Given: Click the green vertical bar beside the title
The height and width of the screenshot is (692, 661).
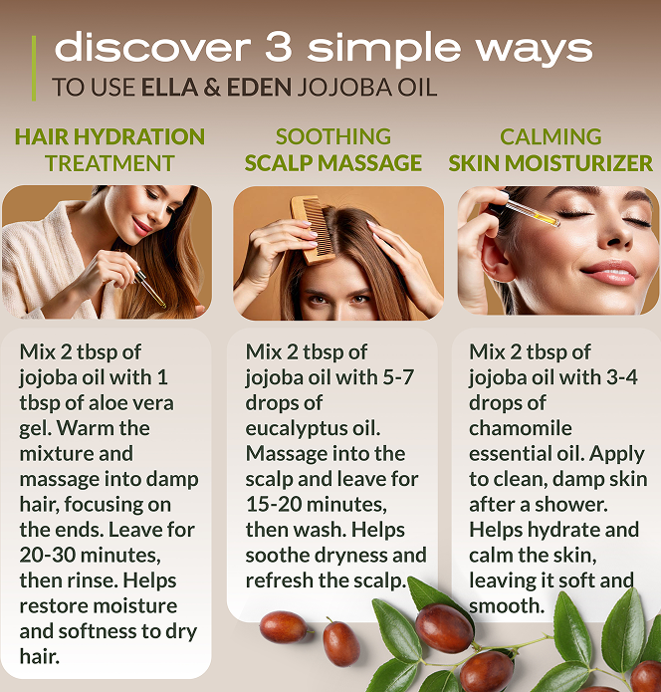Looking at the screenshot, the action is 34,69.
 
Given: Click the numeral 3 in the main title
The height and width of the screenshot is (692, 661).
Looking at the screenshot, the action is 279,47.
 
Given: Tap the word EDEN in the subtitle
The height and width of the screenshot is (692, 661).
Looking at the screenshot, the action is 259,87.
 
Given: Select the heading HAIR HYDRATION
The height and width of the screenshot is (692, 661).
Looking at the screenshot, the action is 110,136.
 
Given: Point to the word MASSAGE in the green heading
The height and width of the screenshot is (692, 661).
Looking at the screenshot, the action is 369,163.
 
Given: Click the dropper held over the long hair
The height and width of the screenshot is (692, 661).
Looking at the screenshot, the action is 150,289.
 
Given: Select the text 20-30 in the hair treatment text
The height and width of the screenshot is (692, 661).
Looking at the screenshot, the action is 47,555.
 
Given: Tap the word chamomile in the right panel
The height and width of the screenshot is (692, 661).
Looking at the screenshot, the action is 521,428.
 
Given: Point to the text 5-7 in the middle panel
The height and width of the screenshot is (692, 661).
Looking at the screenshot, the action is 398,377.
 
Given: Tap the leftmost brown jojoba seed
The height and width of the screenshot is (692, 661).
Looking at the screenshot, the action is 284,626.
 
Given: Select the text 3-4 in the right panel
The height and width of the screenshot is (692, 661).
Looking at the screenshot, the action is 622,377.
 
